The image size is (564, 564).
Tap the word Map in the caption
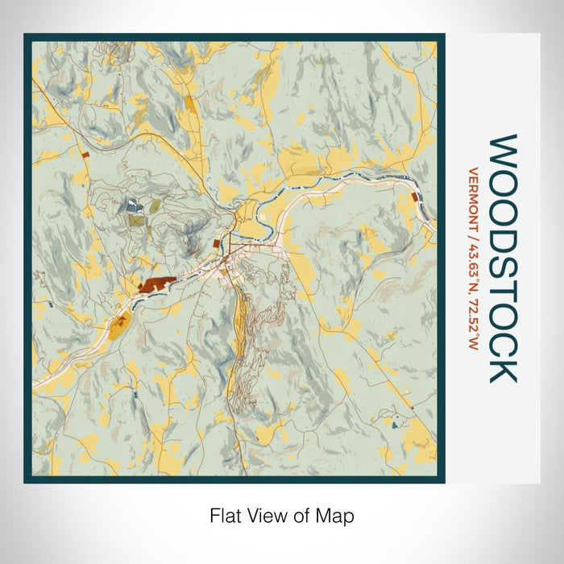point(338,515)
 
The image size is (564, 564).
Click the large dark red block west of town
point(156,284)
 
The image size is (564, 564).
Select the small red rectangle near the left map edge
point(85,151)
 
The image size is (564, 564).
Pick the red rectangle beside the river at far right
point(414,197)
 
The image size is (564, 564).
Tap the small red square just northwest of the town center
point(216,242)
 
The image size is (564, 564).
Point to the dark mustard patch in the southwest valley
point(120,326)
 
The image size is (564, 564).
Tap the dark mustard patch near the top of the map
point(189,103)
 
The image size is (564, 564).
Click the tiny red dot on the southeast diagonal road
point(412,408)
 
